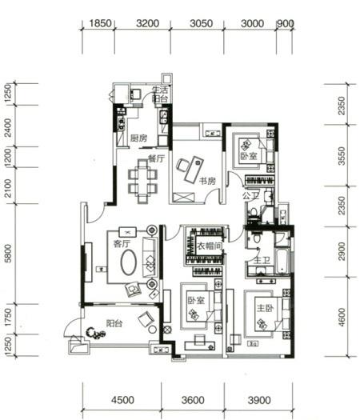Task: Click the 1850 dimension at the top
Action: tap(100, 23)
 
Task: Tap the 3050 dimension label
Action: tap(202, 23)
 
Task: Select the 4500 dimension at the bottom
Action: tap(123, 400)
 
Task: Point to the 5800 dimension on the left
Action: tap(8, 254)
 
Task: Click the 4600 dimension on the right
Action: tap(342, 317)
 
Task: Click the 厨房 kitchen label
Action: tap(138, 138)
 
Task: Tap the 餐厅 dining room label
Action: tap(157, 158)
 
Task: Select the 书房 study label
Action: tap(207, 181)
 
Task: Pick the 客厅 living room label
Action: tap(122, 243)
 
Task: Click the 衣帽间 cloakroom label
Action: tap(210, 246)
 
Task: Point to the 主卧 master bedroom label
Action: tap(265, 308)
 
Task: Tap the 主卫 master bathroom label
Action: tap(262, 260)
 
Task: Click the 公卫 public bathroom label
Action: tap(250, 196)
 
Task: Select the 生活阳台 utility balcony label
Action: tap(160, 94)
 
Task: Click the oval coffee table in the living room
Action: tap(129, 262)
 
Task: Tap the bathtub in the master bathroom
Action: tap(282, 261)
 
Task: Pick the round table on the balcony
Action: tap(153, 329)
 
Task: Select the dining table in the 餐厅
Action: tap(142, 182)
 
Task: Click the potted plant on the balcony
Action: tap(96, 334)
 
